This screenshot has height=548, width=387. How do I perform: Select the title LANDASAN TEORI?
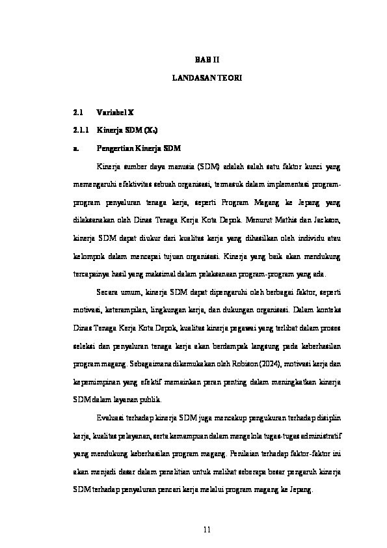[x=207, y=77]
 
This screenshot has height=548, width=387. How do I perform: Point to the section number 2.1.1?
[x=81, y=130]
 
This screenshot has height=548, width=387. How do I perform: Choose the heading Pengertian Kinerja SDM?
[x=139, y=148]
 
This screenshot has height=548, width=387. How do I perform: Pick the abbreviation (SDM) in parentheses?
[x=209, y=166]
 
